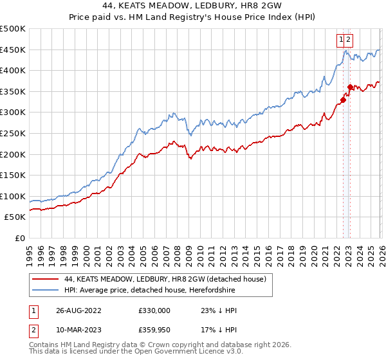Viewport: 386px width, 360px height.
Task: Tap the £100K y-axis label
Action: click(13, 196)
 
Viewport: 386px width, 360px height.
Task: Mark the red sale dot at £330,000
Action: click(344, 100)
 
